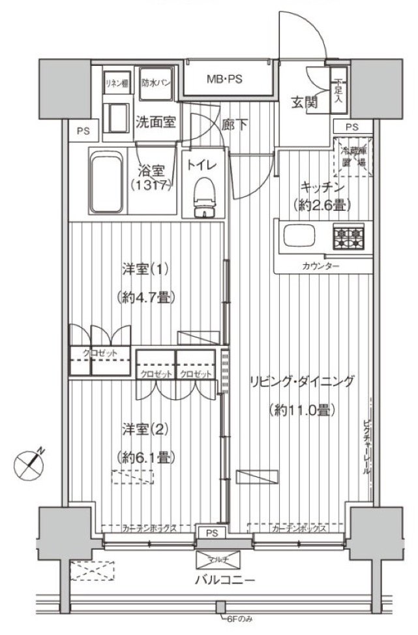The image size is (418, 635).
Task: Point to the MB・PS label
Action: click(225, 80)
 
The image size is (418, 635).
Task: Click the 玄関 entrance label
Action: click(304, 102)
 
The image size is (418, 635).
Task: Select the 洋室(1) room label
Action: click(145, 269)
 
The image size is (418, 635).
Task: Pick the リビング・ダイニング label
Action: click(302, 382)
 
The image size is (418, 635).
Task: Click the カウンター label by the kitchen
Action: click(320, 266)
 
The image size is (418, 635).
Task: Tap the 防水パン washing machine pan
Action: click(156, 82)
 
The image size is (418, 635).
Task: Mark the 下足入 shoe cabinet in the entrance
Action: click(338, 91)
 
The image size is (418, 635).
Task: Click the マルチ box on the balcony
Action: click(219, 559)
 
